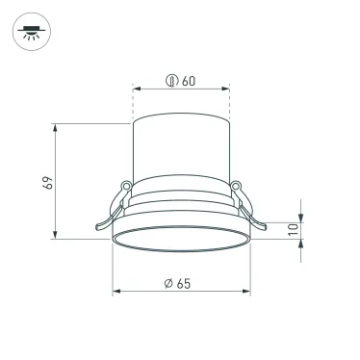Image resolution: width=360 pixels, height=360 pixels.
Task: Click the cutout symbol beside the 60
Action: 171,82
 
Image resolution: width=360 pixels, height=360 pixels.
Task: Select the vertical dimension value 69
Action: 46,182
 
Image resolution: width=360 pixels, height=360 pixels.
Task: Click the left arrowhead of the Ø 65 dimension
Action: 116,290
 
